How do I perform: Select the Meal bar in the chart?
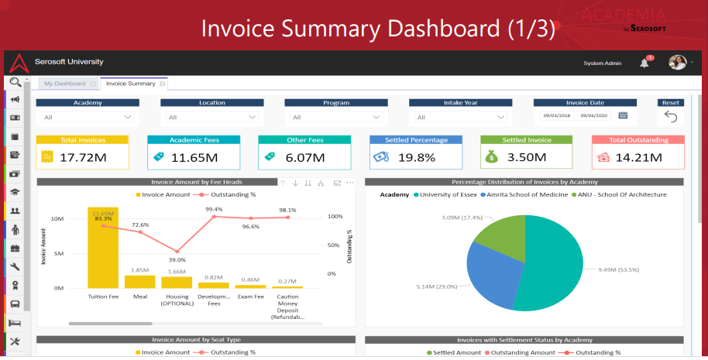click(139, 281)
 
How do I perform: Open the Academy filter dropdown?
click(87, 117)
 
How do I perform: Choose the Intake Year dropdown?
click(460, 117)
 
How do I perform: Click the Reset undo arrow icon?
click(671, 117)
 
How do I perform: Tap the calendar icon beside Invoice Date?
click(622, 115)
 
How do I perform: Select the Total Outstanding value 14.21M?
click(639, 157)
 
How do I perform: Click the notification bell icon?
click(644, 63)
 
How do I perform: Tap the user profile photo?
click(677, 63)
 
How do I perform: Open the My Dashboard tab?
click(65, 84)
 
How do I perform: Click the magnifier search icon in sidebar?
click(15, 82)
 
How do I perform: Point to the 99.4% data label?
click(214, 209)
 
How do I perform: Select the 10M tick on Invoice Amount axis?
click(57, 219)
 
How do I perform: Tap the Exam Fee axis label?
click(251, 296)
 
